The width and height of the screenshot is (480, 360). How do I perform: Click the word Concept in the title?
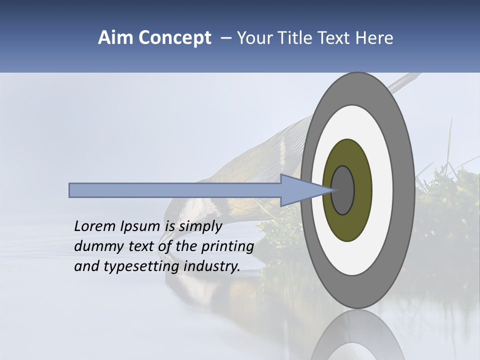click(174, 38)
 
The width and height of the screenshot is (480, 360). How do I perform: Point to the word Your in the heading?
click(253, 38)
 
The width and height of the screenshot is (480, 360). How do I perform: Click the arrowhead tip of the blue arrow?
click(330, 190)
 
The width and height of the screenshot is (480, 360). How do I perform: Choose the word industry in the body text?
click(212, 267)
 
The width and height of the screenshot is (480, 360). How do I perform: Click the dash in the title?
click(225, 38)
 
